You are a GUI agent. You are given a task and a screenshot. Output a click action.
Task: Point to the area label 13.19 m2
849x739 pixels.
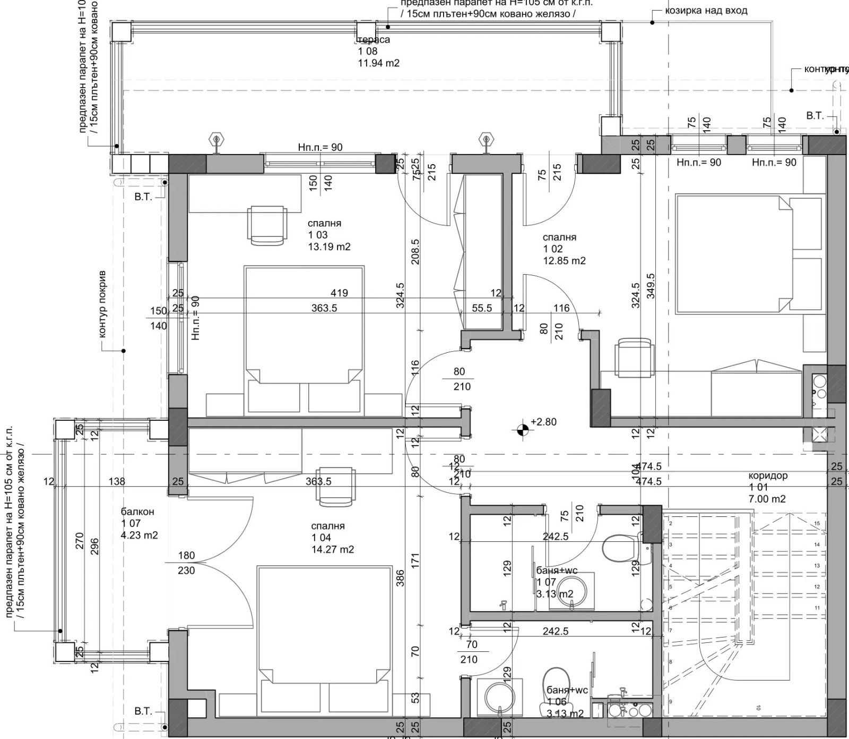(329, 247)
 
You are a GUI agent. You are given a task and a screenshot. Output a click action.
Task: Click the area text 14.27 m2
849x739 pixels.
(333, 550)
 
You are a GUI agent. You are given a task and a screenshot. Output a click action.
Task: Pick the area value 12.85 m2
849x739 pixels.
(564, 261)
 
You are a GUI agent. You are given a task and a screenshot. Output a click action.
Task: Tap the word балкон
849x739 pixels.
(137, 512)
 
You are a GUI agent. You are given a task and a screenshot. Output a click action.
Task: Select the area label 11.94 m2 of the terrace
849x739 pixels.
(379, 63)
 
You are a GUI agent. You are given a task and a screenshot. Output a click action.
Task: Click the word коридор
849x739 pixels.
(768, 476)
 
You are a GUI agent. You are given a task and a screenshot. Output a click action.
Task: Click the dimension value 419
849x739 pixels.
(339, 293)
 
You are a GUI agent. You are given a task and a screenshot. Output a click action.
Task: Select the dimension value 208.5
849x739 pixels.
(415, 251)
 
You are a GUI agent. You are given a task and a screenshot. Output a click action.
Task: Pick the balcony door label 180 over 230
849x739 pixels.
(186, 563)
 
